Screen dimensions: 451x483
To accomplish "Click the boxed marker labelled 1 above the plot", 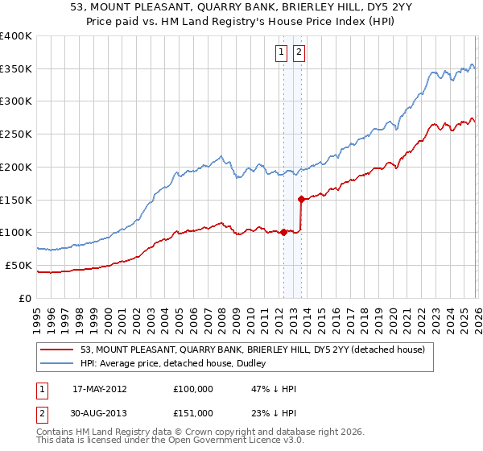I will (282, 53).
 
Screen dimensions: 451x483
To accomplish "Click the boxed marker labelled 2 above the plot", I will (299, 53).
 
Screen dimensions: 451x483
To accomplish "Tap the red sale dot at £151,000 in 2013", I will (301, 198).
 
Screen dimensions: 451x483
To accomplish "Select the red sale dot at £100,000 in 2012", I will (283, 232).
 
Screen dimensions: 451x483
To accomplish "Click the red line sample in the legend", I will (58, 350).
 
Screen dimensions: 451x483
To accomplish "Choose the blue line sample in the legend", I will (58, 363).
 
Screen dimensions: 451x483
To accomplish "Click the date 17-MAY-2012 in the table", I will (100, 388).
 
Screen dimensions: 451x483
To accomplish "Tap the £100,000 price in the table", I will (193, 388).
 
